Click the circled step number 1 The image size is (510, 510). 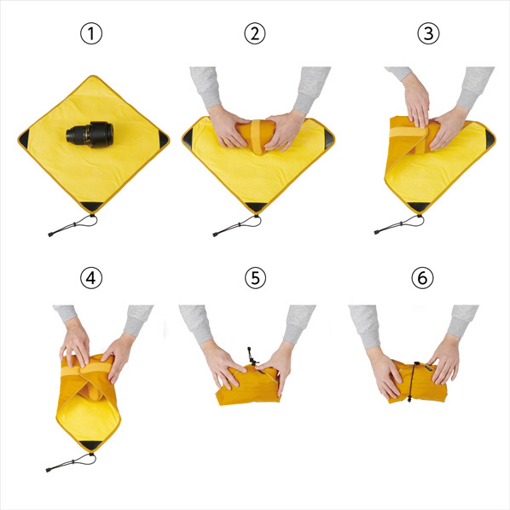click(91, 33)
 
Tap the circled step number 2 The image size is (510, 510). click(255, 33)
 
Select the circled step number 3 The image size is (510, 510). click(428, 33)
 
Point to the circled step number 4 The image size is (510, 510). click(91, 278)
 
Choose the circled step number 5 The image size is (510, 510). click(255, 278)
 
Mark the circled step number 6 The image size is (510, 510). click(422, 278)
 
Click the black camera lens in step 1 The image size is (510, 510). click(90, 134)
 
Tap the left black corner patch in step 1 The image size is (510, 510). click(24, 138)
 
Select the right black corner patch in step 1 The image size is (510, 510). click(163, 139)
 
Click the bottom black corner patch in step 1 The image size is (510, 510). click(92, 206)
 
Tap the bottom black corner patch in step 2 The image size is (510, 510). click(257, 207)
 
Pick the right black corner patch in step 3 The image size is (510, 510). click(490, 138)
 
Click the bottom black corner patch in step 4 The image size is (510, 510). click(90, 445)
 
